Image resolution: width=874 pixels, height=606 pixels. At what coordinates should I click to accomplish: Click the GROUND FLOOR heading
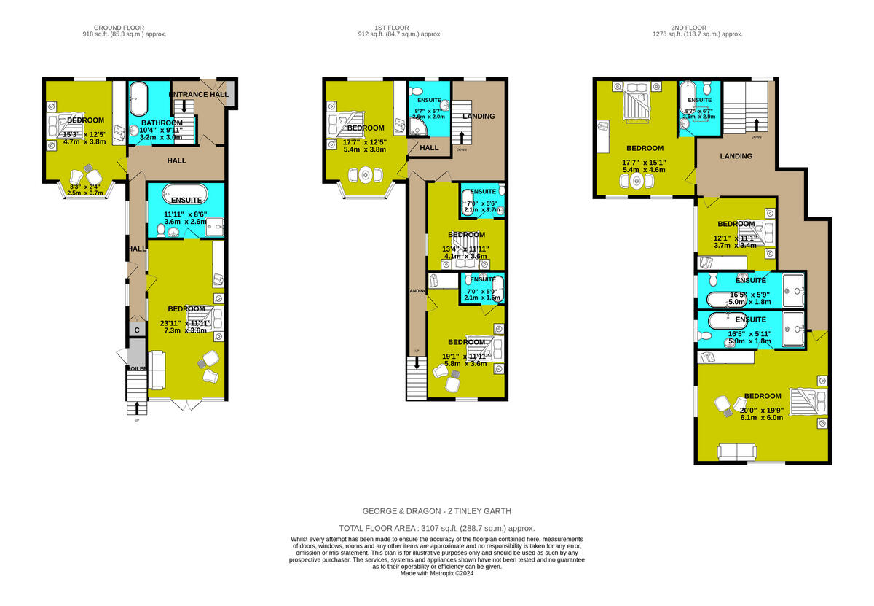(x=125, y=27)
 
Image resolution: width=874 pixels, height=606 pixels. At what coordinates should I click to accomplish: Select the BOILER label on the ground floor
(x=137, y=368)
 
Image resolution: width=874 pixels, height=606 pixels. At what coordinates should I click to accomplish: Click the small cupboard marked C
(x=136, y=330)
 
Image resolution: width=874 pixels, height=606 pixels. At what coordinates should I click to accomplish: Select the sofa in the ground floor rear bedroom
(x=158, y=368)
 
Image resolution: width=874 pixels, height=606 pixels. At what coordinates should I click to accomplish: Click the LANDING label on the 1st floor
(x=479, y=116)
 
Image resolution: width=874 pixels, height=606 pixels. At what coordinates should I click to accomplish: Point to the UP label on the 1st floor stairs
(x=417, y=351)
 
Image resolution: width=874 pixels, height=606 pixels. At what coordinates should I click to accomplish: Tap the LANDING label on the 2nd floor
(x=736, y=156)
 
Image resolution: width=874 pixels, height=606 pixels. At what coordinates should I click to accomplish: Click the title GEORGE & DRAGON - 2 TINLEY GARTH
(x=436, y=511)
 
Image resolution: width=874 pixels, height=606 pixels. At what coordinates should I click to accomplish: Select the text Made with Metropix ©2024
(x=436, y=574)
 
